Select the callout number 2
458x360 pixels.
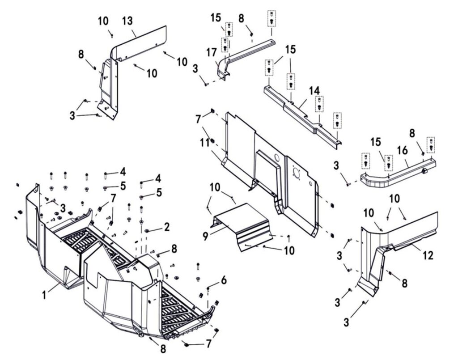tap(166, 227)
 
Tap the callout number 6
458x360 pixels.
tap(224, 280)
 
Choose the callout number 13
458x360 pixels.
tap(127, 21)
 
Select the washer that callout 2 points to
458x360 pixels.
tap(147, 231)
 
